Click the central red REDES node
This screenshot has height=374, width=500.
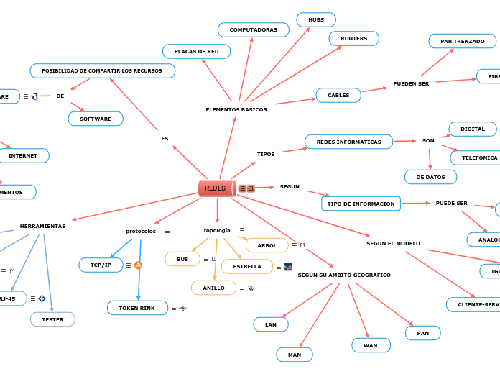coord(216,188)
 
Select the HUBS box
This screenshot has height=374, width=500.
coord(316,19)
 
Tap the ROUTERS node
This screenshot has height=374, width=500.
coord(353,38)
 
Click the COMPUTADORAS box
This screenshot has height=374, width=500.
coord(253,29)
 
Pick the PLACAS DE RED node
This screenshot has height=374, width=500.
coord(196,51)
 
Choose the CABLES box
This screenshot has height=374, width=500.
coord(338,95)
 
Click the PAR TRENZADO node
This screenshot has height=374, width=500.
coord(462,41)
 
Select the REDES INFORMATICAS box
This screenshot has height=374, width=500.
coord(348,142)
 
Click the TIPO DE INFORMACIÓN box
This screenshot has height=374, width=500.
coord(361,204)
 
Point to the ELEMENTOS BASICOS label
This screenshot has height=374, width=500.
coord(236,109)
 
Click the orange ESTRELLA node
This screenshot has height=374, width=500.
coord(246,266)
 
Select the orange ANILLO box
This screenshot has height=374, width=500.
coord(213,288)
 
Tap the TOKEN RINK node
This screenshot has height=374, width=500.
coord(137,308)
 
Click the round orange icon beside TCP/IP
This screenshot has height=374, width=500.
coord(138,265)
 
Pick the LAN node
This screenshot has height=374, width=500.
coord(271,324)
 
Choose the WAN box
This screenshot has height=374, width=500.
coord(371,345)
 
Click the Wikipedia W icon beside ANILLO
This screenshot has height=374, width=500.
coord(251,288)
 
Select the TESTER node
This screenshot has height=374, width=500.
coord(52,319)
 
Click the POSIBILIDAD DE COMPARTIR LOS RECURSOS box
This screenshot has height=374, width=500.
coord(102,70)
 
